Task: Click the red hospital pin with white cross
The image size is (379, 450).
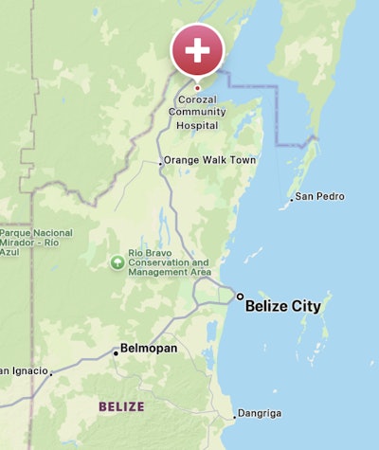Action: coord(197,50)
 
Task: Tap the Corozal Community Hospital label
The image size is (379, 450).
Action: coord(198,111)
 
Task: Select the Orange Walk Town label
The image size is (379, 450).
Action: coord(209,160)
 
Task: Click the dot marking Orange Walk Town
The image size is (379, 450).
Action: coord(160,161)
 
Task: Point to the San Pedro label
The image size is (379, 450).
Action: coord(319,196)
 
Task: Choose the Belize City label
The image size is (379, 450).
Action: coord(282,306)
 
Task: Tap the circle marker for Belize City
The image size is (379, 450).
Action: coord(240,297)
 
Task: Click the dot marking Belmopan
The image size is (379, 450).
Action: coord(117,352)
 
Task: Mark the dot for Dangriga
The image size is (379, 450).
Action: coord(235,416)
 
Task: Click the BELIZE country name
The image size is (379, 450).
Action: coord(121,406)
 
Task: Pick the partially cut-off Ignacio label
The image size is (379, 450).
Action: coord(23,370)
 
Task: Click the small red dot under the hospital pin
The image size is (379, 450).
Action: coord(197,88)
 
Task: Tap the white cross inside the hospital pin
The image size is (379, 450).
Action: coord(197,48)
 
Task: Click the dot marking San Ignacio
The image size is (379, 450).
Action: coord(51,371)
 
